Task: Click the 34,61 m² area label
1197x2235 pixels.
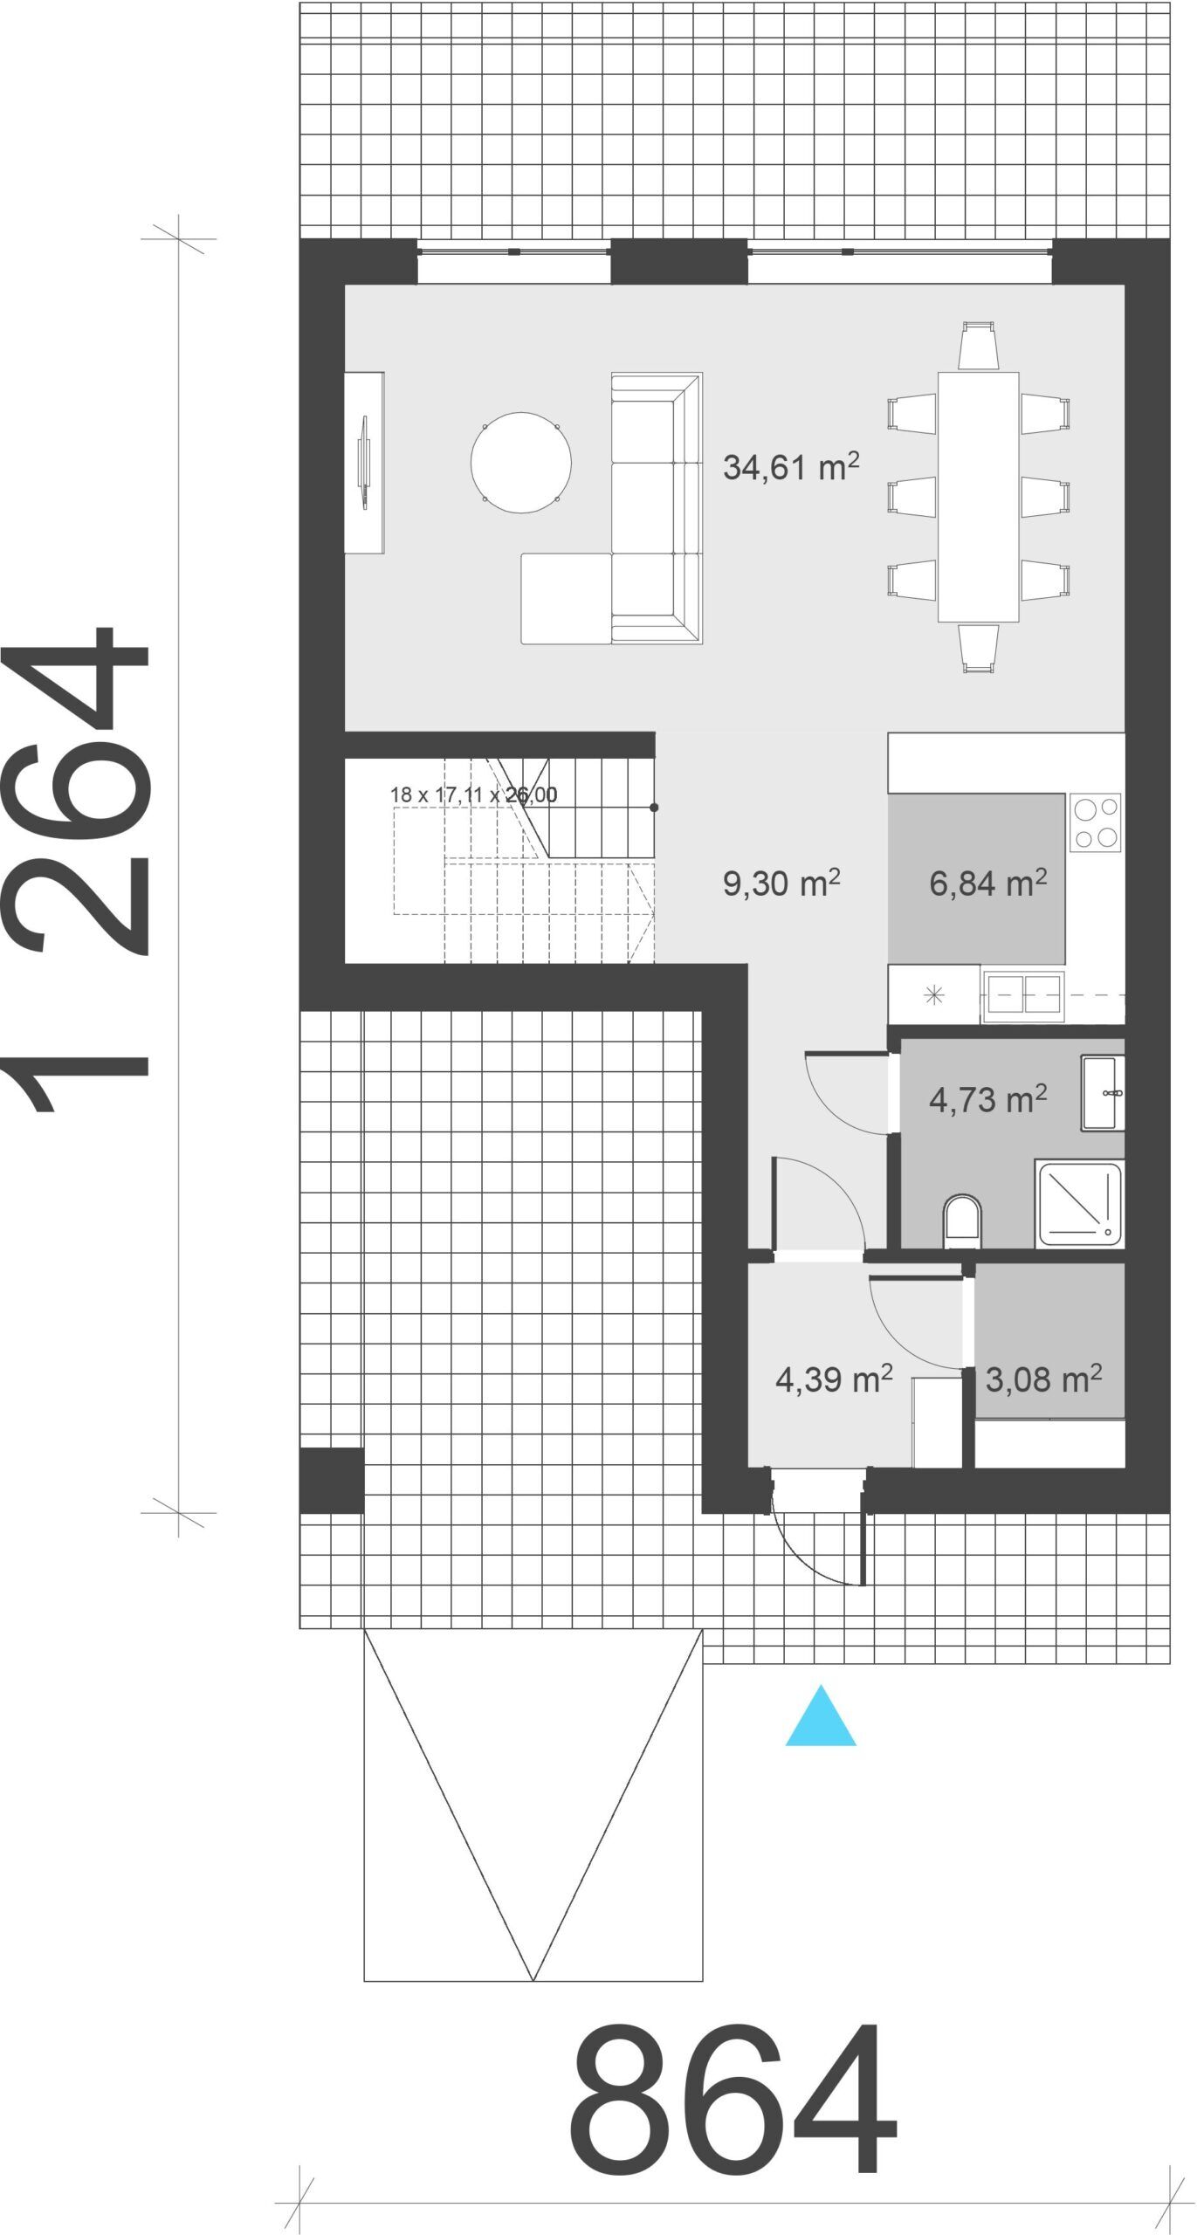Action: (x=791, y=466)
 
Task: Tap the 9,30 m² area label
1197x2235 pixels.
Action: (x=781, y=883)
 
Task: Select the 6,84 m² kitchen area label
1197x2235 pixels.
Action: (x=988, y=883)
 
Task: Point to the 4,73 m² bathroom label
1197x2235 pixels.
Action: (x=988, y=1099)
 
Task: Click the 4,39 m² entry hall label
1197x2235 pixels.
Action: (x=834, y=1379)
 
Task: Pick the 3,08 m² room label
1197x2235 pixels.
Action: (x=1043, y=1379)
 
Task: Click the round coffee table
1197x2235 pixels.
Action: (x=521, y=462)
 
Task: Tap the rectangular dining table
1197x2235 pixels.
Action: (x=978, y=497)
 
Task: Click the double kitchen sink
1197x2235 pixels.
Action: (x=1023, y=994)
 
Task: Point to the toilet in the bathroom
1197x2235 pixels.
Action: (x=963, y=1221)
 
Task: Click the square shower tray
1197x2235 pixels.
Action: (x=1079, y=1202)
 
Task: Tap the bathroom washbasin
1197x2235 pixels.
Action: (x=1103, y=1093)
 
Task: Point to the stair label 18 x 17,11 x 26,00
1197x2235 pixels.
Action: (x=474, y=794)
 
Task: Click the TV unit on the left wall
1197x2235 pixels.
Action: (x=364, y=462)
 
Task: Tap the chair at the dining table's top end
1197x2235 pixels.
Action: (x=978, y=346)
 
